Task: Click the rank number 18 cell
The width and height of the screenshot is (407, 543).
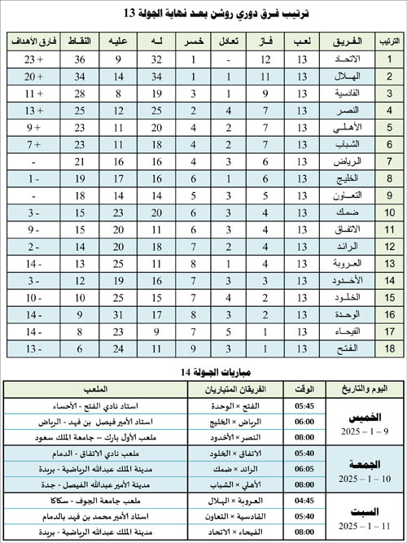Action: coord(388,348)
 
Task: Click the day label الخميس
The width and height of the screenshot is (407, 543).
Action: coord(358,417)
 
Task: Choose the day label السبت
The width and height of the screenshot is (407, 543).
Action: coord(358,511)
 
